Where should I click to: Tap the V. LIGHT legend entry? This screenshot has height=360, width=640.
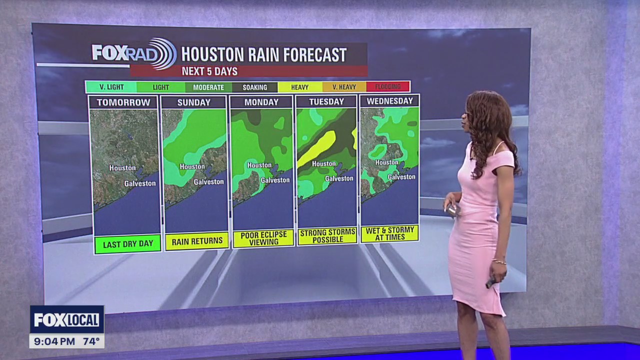[x=111, y=87]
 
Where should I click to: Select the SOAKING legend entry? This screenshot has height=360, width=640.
[x=254, y=87]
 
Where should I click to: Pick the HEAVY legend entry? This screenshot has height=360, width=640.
[x=299, y=87]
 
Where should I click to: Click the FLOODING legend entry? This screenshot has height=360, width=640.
[x=388, y=87]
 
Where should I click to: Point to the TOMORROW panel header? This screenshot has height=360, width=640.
[x=123, y=102]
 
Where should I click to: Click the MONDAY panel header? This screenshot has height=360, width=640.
[x=261, y=102]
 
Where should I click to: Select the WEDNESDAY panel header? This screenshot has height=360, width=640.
[x=389, y=101]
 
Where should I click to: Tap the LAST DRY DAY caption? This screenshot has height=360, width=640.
[x=127, y=244]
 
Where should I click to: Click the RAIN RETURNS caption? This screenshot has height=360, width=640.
[x=197, y=241]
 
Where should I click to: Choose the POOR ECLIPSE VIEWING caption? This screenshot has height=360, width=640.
[x=263, y=238]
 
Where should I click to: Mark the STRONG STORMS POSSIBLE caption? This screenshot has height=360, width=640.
[x=327, y=236]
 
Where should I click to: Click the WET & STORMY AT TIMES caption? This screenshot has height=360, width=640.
[x=389, y=233]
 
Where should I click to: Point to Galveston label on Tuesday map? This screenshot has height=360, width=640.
[x=339, y=178]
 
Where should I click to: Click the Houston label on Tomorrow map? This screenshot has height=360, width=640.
[x=122, y=168]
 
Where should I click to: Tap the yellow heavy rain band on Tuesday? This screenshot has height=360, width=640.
[x=317, y=148]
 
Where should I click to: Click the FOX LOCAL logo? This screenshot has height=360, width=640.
[x=67, y=319]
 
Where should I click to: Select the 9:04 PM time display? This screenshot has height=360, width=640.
[x=52, y=342]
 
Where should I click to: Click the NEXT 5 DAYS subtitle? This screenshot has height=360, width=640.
[x=209, y=71]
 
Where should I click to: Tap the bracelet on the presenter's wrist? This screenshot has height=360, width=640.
[x=498, y=261]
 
